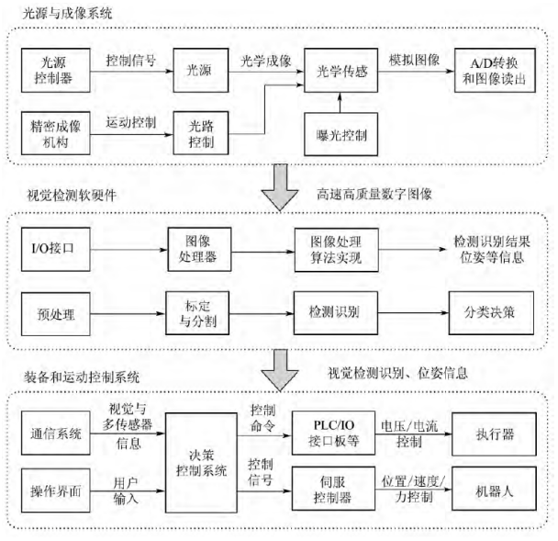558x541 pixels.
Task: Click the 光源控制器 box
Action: tap(54, 69)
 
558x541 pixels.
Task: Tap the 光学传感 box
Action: tap(340, 69)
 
